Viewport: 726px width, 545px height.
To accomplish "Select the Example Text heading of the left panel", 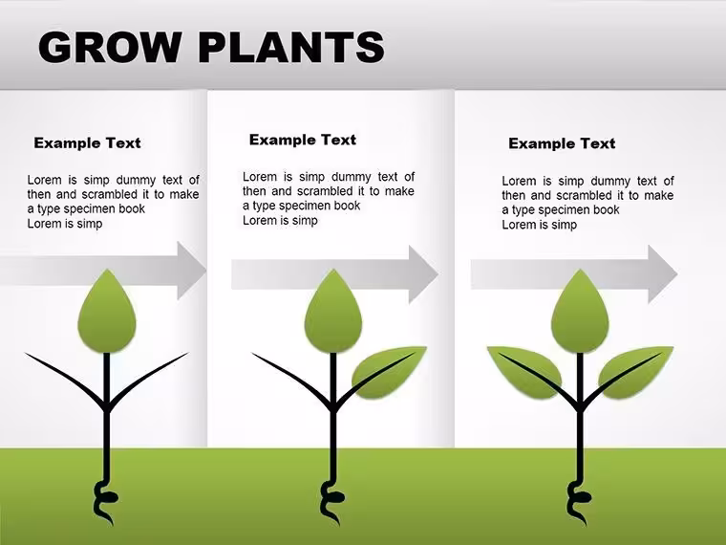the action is coord(87,142).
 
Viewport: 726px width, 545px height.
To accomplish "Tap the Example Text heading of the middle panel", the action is coord(303,140).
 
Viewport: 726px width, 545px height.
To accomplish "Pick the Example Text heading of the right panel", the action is coord(562,143).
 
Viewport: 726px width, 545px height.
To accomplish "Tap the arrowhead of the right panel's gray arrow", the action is coord(662,274).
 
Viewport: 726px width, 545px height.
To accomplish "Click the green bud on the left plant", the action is coord(107,312).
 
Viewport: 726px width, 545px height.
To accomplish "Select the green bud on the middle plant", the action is coord(333,312).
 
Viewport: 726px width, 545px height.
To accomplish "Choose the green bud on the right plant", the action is coord(580,312).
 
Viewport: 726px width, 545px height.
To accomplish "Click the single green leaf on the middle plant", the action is coord(388,372).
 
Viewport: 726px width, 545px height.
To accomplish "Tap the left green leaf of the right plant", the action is coord(524,372).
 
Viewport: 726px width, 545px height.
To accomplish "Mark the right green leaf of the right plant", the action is coord(635,372).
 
